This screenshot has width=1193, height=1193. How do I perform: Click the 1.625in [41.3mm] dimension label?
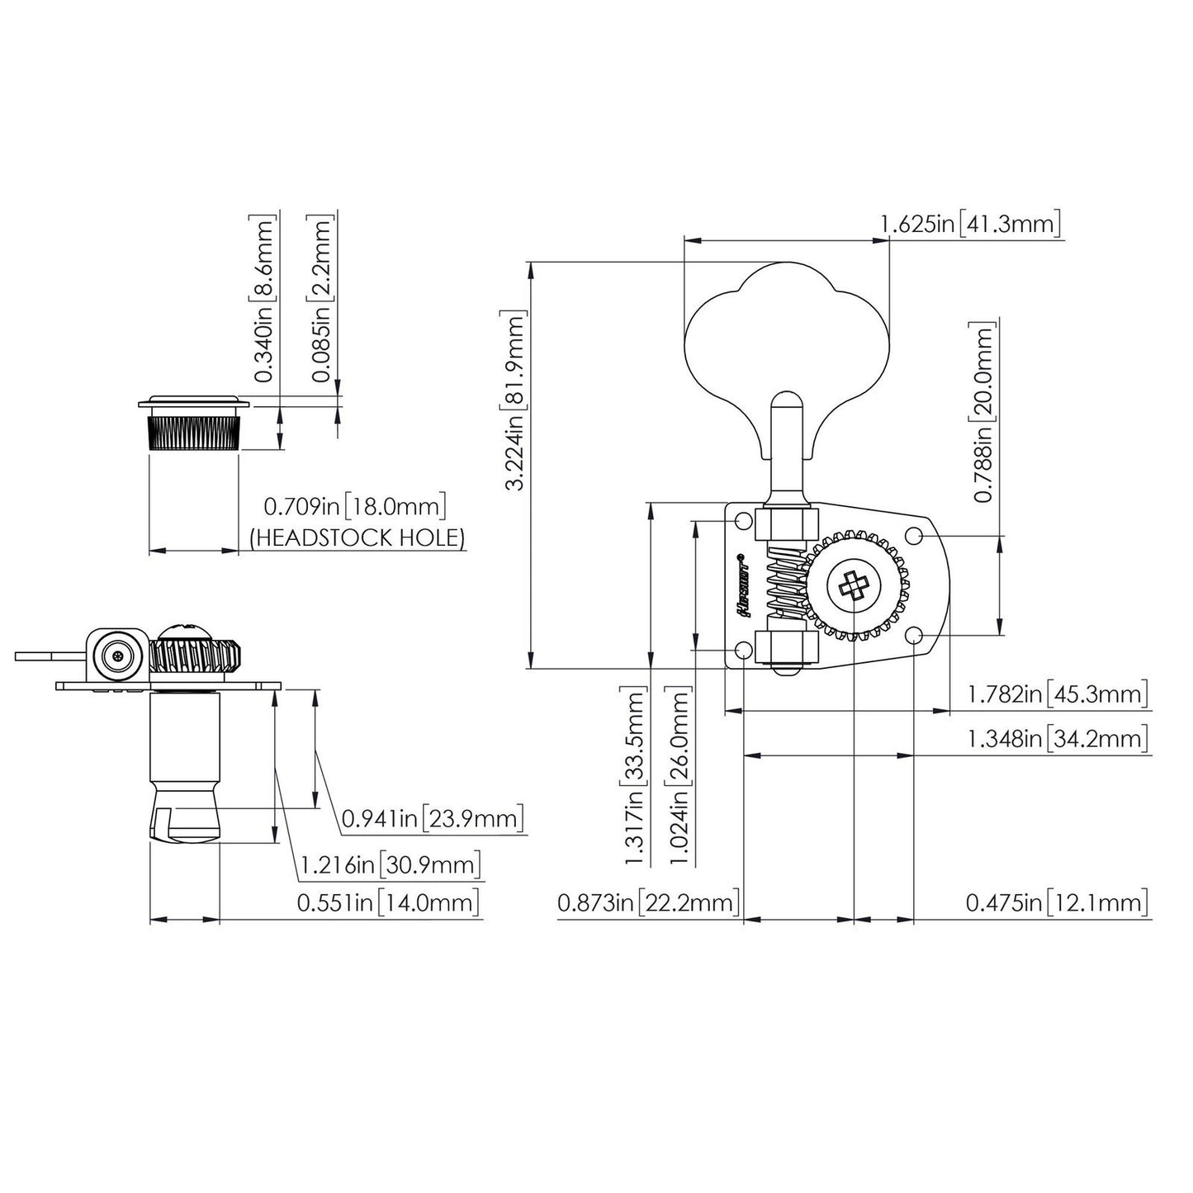[x=969, y=224]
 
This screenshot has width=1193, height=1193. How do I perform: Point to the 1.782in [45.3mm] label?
[x=1058, y=694]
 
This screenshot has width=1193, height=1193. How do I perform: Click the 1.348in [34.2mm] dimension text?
[x=1058, y=739]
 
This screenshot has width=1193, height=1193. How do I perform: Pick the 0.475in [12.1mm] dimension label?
[x=1058, y=902]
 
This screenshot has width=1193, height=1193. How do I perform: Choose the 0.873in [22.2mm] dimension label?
[x=647, y=902]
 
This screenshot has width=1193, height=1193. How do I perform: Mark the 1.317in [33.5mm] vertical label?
[x=635, y=776]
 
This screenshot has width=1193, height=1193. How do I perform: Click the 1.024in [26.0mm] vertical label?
[x=680, y=776]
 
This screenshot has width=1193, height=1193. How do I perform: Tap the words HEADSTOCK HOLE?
[x=357, y=537]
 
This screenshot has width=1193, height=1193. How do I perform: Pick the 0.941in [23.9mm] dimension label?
[x=433, y=820]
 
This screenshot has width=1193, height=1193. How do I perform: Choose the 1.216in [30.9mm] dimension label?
[x=389, y=865]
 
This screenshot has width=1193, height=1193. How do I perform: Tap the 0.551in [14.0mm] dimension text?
[x=389, y=902]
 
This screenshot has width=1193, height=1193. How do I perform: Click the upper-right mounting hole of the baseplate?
[x=914, y=535]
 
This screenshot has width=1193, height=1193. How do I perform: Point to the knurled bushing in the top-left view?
[x=194, y=432]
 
